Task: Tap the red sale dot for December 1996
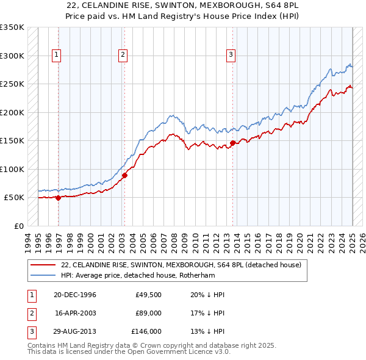point(59,198)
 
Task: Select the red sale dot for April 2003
point(124,175)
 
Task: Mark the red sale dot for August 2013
point(232,143)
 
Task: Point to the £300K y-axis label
point(12,56)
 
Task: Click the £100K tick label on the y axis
point(12,169)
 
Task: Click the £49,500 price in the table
point(148,295)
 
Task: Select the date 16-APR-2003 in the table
point(75,313)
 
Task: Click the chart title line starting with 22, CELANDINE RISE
point(182,4)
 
